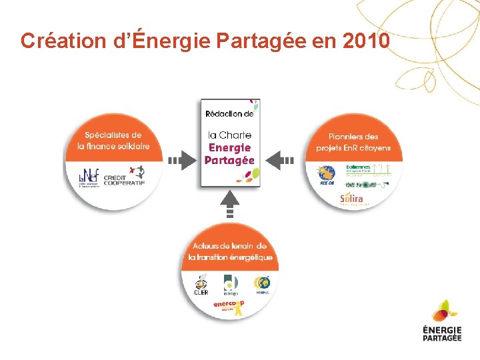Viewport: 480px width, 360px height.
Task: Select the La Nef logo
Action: tap(88, 177)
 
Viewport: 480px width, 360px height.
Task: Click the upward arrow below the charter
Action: tap(230, 203)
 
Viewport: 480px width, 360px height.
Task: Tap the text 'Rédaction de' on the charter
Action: tap(230, 114)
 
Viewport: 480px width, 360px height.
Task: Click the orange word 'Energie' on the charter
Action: tap(230, 147)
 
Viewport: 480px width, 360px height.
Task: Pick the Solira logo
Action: tap(353, 199)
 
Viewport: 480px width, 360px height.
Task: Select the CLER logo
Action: tap(201, 284)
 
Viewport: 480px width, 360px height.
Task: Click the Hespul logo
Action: tap(262, 284)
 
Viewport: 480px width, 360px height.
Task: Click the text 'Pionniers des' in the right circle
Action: tap(353, 136)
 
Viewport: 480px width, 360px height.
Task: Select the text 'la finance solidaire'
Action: tap(113, 146)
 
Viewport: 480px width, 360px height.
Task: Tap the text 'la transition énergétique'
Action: tap(230, 257)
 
